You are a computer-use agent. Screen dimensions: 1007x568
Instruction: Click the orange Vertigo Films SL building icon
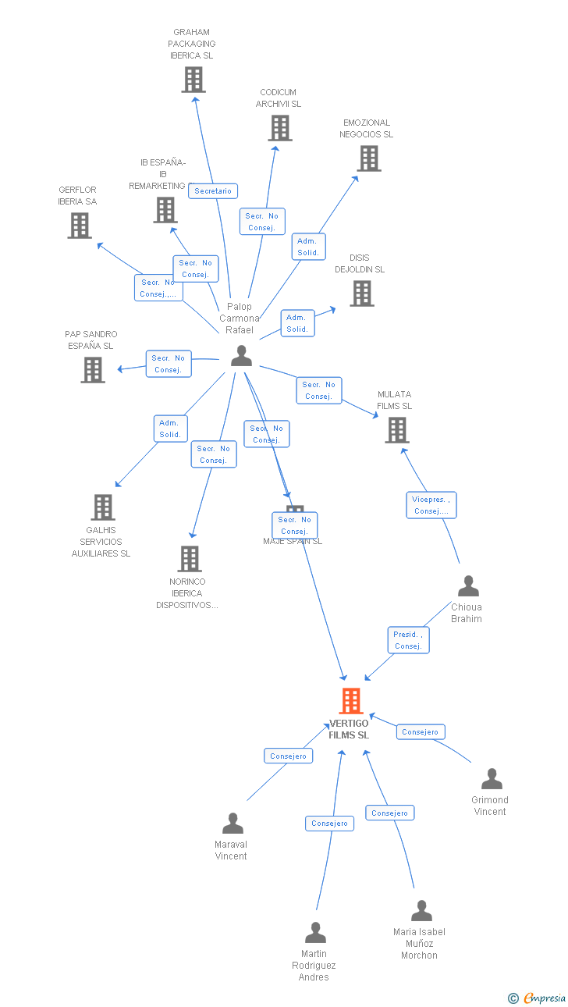point(351,700)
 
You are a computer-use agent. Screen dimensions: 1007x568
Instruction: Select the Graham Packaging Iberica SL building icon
point(193,79)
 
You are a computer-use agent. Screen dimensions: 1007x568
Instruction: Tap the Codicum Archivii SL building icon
point(279,127)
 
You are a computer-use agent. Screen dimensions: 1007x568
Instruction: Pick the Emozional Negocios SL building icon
point(368,158)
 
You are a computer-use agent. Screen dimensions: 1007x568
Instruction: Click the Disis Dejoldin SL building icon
point(361,293)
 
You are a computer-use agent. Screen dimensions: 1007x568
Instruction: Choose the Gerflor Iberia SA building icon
point(79,225)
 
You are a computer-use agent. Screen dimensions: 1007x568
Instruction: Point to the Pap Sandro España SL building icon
point(92,369)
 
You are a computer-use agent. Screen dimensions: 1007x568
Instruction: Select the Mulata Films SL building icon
point(396,429)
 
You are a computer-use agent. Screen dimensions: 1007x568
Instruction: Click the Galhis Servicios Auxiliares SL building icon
point(102,507)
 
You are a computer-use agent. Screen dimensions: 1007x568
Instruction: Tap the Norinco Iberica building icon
point(189,558)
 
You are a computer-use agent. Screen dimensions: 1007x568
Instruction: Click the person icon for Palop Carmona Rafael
point(241,356)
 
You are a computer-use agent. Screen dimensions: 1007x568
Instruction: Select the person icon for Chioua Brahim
point(467,585)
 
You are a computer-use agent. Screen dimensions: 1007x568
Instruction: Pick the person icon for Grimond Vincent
point(491,778)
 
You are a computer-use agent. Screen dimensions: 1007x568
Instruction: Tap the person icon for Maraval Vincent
point(233,823)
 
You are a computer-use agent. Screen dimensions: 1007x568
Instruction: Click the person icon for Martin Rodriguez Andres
point(314,932)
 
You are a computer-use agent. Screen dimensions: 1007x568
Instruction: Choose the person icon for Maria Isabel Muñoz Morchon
point(421,910)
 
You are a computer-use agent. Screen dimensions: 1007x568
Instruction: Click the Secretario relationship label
point(213,191)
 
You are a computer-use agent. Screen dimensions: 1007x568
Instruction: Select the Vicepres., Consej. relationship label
point(431,505)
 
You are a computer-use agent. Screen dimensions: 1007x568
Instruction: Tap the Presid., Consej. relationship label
point(408,640)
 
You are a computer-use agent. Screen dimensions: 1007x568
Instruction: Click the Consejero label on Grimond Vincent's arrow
point(421,731)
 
